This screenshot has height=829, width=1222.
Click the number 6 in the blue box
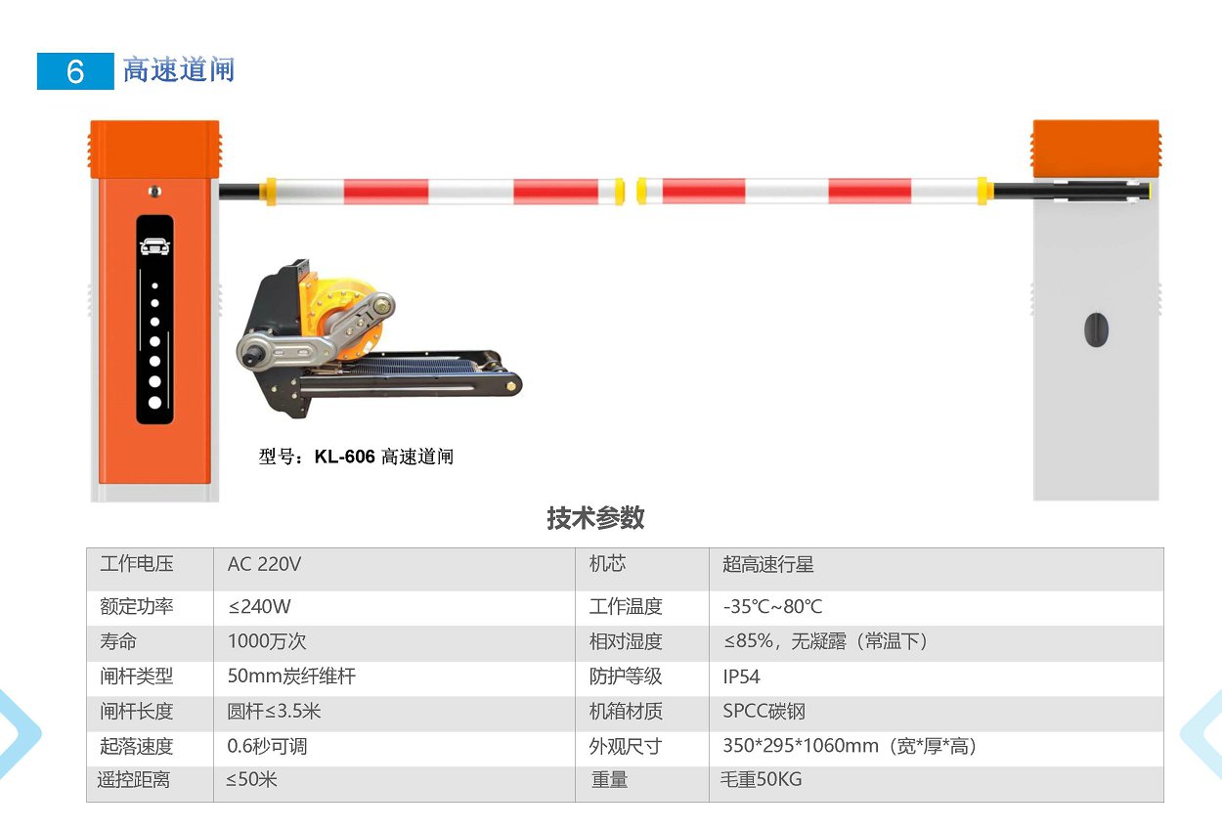75,71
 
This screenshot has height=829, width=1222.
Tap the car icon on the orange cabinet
154,246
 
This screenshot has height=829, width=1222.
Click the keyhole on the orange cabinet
154,192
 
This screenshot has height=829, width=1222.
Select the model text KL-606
345,456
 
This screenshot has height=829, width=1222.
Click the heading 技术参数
595,517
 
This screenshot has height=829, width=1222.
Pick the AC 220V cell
264,564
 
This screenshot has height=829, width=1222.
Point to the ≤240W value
260,606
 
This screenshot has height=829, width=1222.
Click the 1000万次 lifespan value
267,641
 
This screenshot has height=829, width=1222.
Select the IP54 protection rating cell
741,676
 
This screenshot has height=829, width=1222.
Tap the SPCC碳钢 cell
764,711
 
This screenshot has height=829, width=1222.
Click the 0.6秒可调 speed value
267,746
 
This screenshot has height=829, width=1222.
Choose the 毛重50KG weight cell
762,779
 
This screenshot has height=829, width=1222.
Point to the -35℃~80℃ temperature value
772,606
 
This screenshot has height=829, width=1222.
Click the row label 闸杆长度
137,711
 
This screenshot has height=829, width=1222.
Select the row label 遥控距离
134,780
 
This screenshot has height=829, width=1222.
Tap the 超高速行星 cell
768,564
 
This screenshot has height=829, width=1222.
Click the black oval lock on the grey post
1096,329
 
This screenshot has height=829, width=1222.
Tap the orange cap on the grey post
1096,149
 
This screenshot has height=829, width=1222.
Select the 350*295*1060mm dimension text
801,746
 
